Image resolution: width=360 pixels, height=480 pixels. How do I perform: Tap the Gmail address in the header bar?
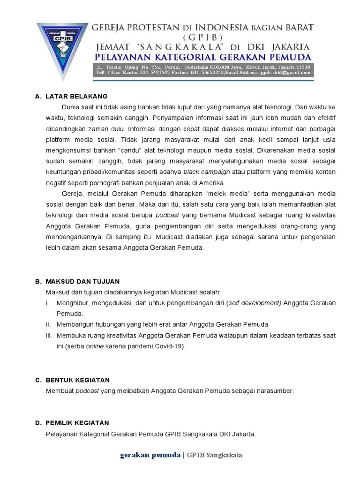(285, 73)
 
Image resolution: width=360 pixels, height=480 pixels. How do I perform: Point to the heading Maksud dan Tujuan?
(82, 281)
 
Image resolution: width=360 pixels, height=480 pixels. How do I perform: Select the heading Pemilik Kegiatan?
(77, 423)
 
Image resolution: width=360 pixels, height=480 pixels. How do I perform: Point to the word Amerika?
(211, 182)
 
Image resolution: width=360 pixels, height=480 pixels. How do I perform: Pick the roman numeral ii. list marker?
(49, 324)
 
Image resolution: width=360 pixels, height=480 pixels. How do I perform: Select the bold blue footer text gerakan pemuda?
(150, 455)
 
